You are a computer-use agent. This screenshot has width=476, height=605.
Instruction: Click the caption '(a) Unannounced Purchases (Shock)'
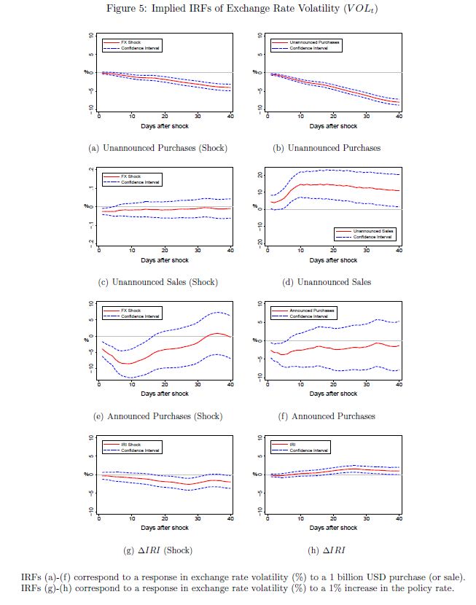[x=157, y=148]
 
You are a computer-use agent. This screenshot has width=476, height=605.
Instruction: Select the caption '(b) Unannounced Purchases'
[x=327, y=148]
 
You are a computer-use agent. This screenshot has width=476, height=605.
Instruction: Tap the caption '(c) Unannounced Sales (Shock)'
[x=157, y=282]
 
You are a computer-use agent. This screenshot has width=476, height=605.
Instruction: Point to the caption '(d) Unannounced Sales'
[x=327, y=282]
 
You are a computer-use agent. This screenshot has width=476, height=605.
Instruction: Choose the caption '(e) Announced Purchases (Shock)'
[x=157, y=416]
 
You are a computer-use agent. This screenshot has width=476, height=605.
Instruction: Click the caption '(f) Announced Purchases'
[x=327, y=416]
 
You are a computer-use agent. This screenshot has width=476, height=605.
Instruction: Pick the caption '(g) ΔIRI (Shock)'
[x=157, y=550]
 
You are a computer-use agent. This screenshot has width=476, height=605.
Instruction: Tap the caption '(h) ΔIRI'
[x=327, y=550]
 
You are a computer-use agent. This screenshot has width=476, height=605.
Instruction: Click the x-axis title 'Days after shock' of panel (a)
[x=164, y=126]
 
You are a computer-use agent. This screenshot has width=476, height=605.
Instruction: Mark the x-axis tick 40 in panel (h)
[x=399, y=518]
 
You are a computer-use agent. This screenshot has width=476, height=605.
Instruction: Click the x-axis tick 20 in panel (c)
[x=165, y=251]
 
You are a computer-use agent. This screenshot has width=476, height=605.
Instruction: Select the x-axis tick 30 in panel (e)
[x=198, y=384]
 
